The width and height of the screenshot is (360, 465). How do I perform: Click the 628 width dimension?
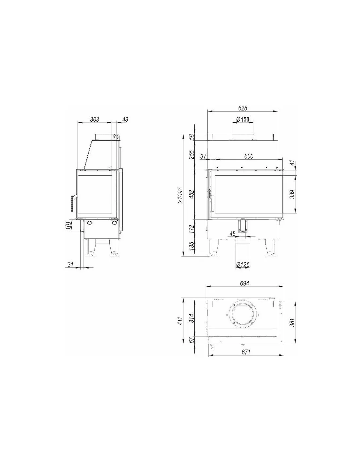pos(243,108)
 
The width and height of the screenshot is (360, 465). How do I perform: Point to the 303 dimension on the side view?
pos(95,119)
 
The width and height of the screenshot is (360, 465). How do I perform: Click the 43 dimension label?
pos(125,119)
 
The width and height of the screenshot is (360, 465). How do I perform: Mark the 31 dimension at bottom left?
pos(70,265)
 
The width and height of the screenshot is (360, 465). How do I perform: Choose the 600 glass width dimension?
pos(249,156)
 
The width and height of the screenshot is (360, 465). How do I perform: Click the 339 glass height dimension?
pos(292,194)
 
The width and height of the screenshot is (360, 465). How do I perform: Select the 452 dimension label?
pos(192,194)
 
